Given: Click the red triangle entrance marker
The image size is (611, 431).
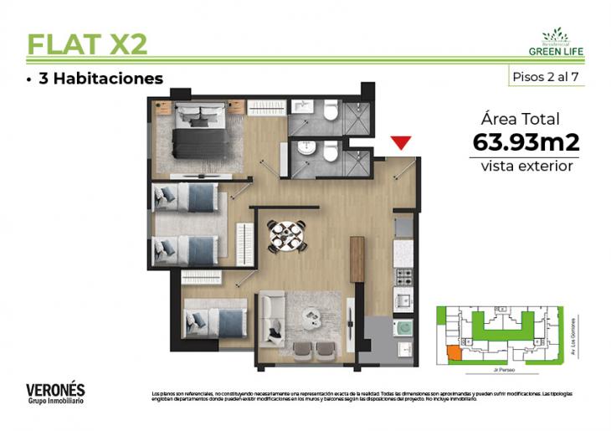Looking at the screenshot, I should pos(403,143).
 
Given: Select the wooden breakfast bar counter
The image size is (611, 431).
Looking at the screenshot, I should pos(357,259).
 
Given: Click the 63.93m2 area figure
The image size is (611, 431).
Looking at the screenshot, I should pos(526,142).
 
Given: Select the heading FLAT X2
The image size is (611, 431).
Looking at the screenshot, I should pos(87,44).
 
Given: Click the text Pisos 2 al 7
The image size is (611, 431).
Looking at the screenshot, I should pos(546,76).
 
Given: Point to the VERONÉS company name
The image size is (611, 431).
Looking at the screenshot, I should pos(55,389).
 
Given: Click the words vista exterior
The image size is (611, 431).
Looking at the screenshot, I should pos(526,166).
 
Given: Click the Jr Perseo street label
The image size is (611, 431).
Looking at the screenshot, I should pos(504,368).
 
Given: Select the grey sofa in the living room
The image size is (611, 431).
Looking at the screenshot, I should pos(274,317).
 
